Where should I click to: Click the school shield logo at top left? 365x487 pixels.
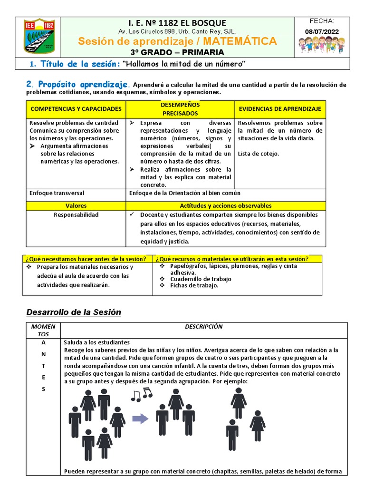(x=39, y=36)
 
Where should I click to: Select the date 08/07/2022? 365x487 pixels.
(x=322, y=31)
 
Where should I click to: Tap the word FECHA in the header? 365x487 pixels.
(x=322, y=21)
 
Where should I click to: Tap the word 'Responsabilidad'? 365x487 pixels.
(x=76, y=215)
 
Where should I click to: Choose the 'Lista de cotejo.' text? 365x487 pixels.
(x=259, y=154)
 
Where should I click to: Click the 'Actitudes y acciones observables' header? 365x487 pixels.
(x=226, y=206)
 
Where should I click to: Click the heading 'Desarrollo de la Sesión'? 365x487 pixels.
(x=73, y=312)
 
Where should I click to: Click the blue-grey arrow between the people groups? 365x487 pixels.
(x=140, y=419)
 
